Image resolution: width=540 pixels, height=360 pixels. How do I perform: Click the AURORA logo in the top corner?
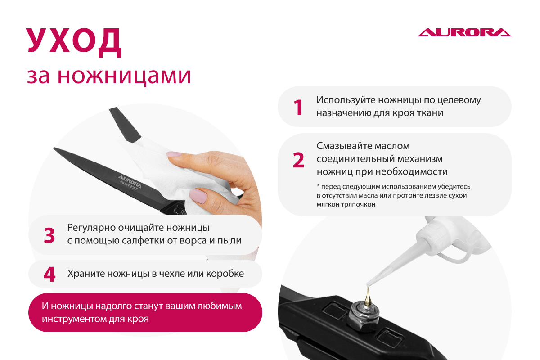coord(464,32)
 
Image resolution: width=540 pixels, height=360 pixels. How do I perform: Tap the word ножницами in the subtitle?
coord(124,76)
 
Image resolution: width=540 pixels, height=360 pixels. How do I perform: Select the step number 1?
coord(298,107)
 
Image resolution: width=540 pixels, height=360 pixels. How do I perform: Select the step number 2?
coord(298,160)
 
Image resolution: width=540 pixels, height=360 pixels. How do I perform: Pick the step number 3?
coord(49,235)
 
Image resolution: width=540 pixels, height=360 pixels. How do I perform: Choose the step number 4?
coord(49,274)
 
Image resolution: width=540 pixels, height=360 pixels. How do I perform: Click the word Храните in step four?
coord(86,274)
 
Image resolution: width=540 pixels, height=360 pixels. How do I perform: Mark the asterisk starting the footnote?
coord(318,186)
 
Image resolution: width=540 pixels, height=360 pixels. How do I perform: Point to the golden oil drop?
coord(368,297)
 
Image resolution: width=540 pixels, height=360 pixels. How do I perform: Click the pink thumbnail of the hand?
coord(198,196)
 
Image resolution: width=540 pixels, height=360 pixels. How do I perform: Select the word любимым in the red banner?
coord(220,306)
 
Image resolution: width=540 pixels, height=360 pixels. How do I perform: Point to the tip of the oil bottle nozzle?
coord(367,284)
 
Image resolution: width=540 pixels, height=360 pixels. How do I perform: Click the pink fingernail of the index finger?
coord(174,154)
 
